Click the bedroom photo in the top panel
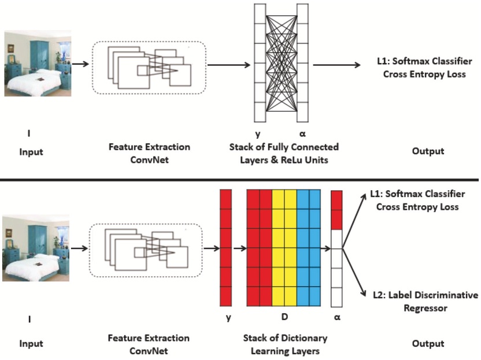coord(38,64)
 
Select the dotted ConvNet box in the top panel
coord(149,67)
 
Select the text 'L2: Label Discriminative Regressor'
coord(425,302)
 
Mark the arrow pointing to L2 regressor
coord(354,272)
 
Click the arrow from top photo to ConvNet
coord(80,65)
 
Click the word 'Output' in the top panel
coord(428,151)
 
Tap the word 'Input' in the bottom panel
coord(31,344)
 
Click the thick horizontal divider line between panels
coord(240,180)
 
